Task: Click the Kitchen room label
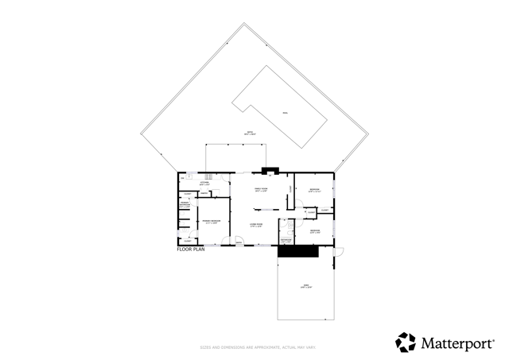pos(204,183)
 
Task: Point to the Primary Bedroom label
pos(211,221)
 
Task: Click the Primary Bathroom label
pos(185,204)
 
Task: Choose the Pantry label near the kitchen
pos(204,194)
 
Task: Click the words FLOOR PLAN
pos(191,250)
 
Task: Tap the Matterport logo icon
pos(406,343)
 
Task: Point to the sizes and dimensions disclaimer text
pos(254,347)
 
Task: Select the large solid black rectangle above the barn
pos(298,251)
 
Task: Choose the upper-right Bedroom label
pos(315,189)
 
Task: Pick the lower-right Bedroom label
pos(315,230)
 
